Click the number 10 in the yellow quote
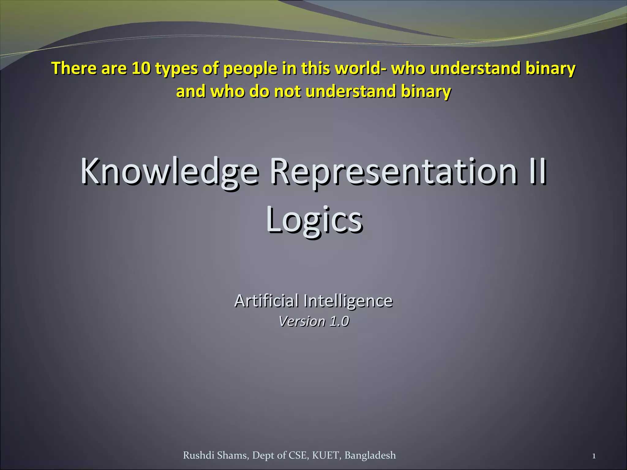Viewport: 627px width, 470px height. tap(141, 68)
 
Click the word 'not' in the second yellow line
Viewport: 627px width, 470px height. tap(287, 91)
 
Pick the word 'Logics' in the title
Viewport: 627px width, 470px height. tap(314, 220)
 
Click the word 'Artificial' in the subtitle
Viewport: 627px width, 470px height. tap(266, 300)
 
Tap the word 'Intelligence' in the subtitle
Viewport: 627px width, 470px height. tap(348, 301)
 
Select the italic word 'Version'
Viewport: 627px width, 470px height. tap(302, 321)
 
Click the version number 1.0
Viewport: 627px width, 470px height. tap(339, 321)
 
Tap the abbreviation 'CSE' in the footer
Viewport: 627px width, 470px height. tap(298, 455)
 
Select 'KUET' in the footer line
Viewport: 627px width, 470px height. tap(326, 455)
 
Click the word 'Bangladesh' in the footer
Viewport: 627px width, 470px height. tap(370, 455)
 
